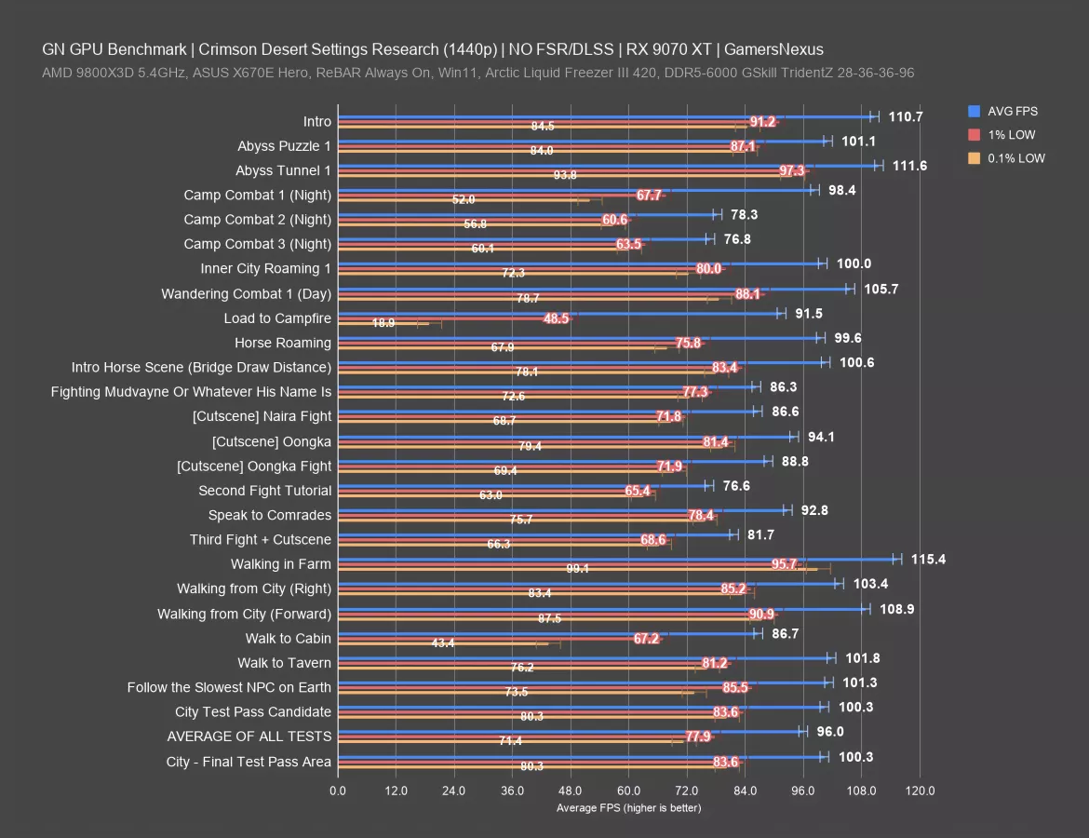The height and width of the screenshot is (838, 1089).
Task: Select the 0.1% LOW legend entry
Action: point(1016,158)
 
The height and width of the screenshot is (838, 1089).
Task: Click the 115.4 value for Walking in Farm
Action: point(928,560)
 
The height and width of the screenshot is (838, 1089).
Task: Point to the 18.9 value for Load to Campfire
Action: point(383,323)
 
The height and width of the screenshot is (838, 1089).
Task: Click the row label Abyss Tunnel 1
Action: point(283,170)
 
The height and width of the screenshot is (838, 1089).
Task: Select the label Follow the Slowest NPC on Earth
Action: point(229,687)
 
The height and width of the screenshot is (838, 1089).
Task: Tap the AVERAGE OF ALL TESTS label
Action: point(249,737)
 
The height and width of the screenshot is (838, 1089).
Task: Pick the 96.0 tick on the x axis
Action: point(803,791)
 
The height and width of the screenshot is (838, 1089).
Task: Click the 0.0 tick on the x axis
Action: point(338,791)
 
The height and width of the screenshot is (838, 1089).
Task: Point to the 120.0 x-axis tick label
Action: point(920,791)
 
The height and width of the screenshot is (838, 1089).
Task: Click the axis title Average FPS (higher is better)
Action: point(628,807)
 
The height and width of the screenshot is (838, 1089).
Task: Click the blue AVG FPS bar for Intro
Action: point(605,116)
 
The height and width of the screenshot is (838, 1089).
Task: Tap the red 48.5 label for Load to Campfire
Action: point(557,318)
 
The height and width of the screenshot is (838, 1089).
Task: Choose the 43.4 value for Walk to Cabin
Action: point(443,643)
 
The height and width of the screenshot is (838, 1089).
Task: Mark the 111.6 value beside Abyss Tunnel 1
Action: point(909,166)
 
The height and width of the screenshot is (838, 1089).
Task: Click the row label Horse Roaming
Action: point(282,343)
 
